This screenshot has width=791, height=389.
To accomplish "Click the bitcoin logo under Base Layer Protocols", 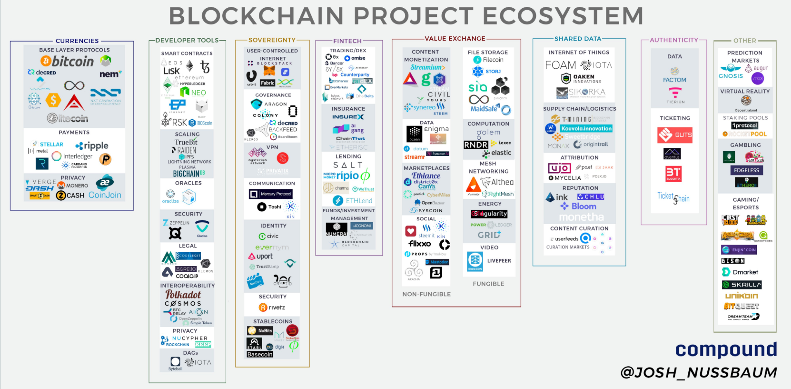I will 67,61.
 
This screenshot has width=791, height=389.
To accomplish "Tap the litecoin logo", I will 68,118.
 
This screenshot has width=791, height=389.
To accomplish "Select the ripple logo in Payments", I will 92,146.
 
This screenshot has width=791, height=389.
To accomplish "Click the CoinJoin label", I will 105,195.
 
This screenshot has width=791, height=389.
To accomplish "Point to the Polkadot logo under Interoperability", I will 183,294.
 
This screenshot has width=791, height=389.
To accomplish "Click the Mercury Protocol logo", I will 271,194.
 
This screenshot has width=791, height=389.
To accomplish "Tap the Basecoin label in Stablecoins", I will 260,354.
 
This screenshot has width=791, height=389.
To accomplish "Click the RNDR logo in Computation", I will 476,145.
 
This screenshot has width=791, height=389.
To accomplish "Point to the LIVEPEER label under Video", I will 499,261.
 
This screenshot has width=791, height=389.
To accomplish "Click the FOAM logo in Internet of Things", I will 560,65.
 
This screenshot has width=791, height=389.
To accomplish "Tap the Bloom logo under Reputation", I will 578,206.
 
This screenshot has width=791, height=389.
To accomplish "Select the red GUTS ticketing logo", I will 675,135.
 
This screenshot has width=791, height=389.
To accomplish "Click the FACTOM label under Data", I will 674,80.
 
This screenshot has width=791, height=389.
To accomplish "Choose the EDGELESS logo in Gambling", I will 746,170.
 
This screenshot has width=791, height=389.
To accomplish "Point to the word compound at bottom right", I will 726,349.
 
